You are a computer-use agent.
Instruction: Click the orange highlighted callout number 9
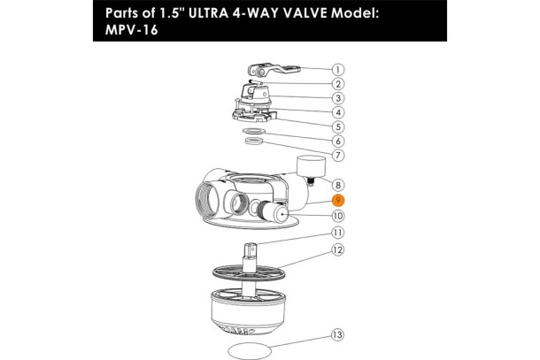click(338, 200)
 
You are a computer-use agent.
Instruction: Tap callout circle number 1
click(338, 70)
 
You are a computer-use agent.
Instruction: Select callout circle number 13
click(337, 334)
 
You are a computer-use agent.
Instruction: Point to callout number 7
click(338, 155)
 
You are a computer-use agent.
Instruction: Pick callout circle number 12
click(338, 249)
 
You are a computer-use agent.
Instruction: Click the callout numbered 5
click(338, 126)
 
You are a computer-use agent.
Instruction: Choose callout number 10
click(338, 216)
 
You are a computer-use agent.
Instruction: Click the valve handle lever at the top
click(274, 70)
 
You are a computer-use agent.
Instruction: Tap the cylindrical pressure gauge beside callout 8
click(311, 167)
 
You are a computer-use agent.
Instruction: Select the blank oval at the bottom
click(250, 351)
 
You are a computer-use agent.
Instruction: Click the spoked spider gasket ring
click(249, 273)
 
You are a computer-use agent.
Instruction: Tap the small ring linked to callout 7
click(254, 141)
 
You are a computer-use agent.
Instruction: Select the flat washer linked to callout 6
click(254, 131)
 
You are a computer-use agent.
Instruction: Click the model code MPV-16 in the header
click(132, 29)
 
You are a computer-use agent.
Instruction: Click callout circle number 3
click(338, 98)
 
